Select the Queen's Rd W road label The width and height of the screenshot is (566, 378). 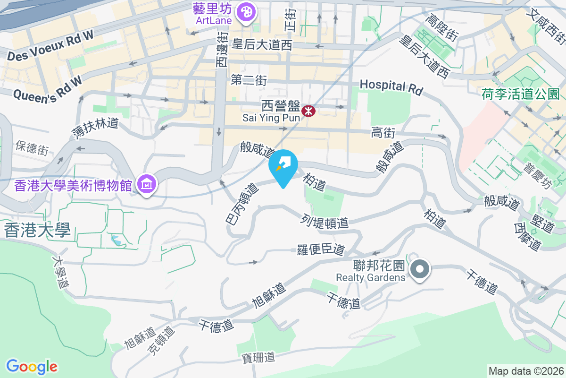(47, 89)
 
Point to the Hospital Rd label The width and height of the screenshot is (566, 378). (391, 86)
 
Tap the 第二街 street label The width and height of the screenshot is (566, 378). (249, 80)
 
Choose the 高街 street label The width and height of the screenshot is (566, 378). (383, 133)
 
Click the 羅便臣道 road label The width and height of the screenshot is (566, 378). (321, 249)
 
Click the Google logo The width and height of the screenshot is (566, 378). (32, 367)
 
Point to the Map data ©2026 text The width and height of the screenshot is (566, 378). (525, 371)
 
